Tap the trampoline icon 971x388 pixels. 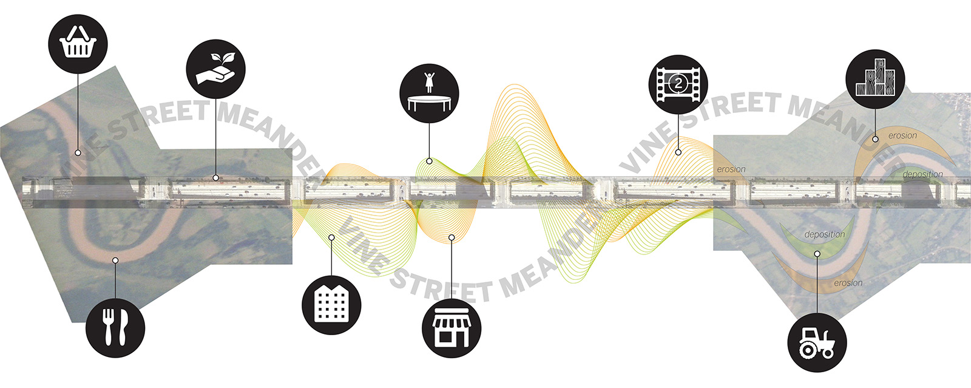(x=429, y=94)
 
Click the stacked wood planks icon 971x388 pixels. (x=875, y=79)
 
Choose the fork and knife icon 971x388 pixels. (x=115, y=327)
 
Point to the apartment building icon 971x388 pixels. (x=331, y=305)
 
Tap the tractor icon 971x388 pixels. (x=817, y=342)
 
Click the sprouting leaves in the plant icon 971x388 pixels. (x=223, y=58)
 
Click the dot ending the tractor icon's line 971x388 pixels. (x=817, y=254)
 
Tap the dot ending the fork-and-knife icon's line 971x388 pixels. (x=115, y=260)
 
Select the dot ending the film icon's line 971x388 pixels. (x=678, y=152)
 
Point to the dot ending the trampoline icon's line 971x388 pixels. (x=429, y=162)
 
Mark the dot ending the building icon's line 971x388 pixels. (x=331, y=237)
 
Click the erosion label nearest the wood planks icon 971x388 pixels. (x=902, y=135)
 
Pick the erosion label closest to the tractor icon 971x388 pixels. (x=848, y=283)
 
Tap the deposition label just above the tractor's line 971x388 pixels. (x=824, y=234)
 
